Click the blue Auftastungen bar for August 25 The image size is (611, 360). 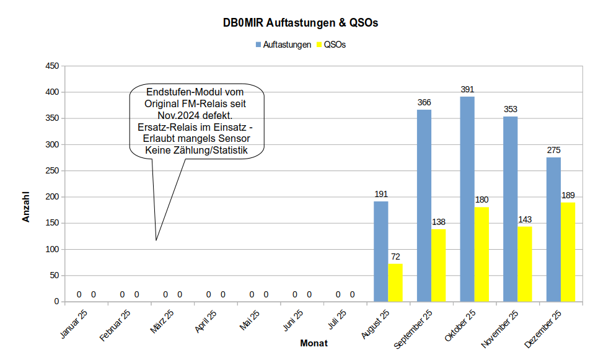[x=380, y=252]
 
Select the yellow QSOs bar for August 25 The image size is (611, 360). [x=395, y=283]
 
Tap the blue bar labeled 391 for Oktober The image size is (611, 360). [x=467, y=199]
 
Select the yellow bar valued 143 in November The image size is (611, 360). [x=525, y=264]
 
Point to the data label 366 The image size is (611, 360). [x=424, y=102]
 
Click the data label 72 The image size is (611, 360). [x=395, y=257]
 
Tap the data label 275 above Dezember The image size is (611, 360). [x=553, y=150]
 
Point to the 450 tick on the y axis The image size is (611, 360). [x=52, y=66]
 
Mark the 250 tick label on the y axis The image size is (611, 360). [x=52, y=171]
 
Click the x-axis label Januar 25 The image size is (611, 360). [x=74, y=323]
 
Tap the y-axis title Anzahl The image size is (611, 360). [x=26, y=207]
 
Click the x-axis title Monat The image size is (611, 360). [x=314, y=343]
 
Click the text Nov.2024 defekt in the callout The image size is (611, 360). [x=196, y=115]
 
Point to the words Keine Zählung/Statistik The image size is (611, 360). [x=196, y=150]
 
